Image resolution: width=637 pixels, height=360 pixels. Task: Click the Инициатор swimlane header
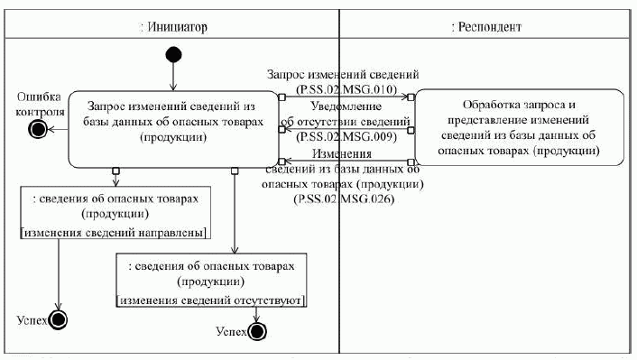173,27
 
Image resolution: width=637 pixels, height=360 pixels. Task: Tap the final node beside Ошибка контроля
38,130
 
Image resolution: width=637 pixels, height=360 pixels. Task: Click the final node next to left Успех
60,320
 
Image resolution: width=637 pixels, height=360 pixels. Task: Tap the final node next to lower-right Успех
257,332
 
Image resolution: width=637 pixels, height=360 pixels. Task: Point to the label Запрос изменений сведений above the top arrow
343,74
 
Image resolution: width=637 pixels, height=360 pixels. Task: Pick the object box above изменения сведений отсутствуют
213,272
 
